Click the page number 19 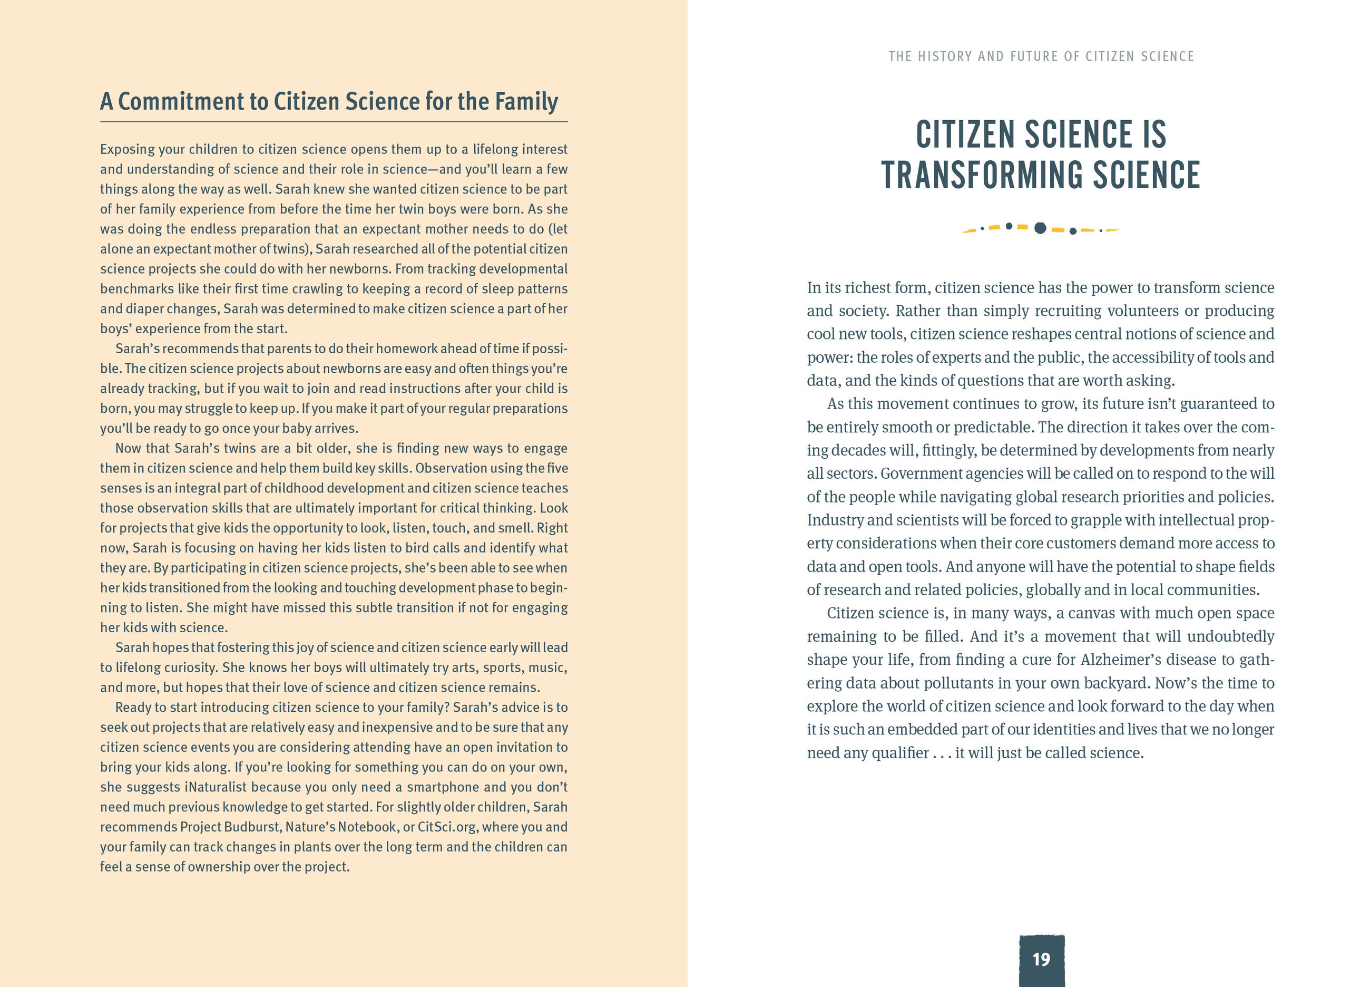[x=1041, y=959]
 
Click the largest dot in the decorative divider [x=1040, y=228]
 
